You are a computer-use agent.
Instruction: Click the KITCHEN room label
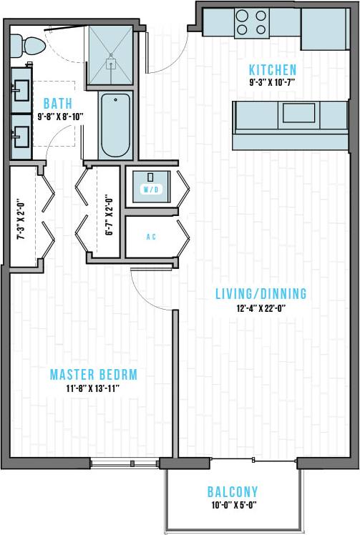(272, 70)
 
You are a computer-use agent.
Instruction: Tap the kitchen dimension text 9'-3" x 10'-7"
(272, 83)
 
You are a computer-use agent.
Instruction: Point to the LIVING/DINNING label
(261, 293)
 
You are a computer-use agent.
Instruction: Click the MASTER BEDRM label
(93, 375)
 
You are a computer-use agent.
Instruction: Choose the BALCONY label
(232, 492)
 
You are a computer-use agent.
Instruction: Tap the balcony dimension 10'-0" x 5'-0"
(232, 505)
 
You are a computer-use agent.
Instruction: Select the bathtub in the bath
(115, 126)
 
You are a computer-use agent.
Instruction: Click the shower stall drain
(111, 63)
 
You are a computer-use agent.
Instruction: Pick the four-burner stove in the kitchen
(251, 21)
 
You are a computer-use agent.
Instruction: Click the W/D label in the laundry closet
(151, 190)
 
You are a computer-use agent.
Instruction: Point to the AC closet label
(151, 237)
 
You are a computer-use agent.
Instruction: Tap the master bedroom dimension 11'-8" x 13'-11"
(93, 388)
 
